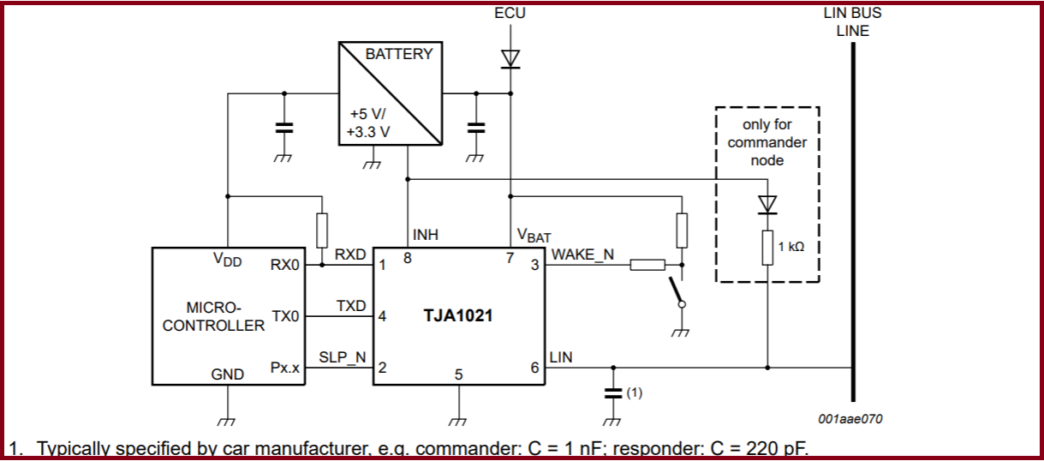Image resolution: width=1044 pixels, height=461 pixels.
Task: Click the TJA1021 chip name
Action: [x=457, y=315]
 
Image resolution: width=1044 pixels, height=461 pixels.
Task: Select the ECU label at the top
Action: [x=510, y=14]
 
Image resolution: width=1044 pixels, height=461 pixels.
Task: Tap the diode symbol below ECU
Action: [x=510, y=58]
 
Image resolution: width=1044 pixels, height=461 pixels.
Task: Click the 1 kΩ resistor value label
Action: [x=790, y=247]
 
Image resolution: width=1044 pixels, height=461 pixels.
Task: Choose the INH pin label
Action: [x=427, y=233]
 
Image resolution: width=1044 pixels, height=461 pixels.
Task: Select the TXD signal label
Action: [x=351, y=306]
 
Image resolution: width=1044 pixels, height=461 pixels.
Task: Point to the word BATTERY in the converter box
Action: [x=399, y=54]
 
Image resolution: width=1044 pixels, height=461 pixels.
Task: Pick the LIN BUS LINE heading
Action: [x=852, y=22]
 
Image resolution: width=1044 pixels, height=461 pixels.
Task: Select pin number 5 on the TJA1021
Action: [x=458, y=374]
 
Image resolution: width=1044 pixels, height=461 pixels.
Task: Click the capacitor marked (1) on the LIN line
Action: [x=611, y=393]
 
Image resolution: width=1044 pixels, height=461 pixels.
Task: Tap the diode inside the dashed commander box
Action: [x=767, y=204]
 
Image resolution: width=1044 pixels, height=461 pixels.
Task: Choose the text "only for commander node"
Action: [x=767, y=142]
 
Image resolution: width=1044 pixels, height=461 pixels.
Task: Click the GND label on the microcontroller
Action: [x=227, y=374]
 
